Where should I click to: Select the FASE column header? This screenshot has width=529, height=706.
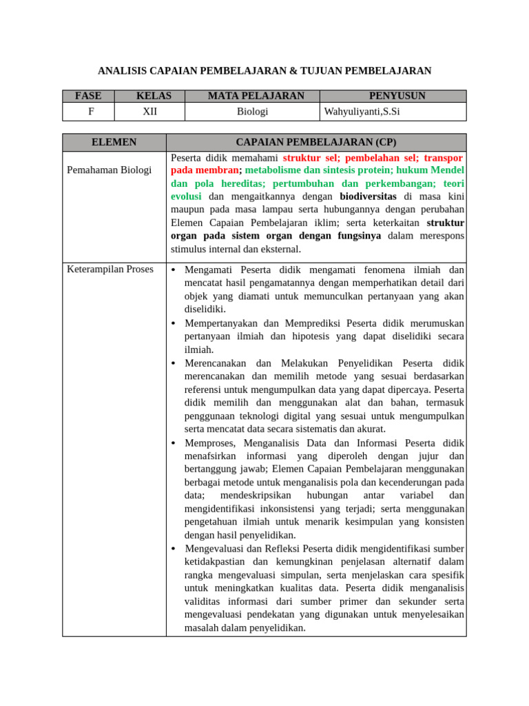[x=88, y=96]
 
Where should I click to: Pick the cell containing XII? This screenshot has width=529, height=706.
[x=149, y=111]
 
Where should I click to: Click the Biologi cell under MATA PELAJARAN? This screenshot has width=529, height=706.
[x=252, y=111]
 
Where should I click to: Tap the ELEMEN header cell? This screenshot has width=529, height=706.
[x=114, y=142]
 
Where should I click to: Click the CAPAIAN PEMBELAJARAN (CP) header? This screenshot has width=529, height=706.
[x=315, y=142]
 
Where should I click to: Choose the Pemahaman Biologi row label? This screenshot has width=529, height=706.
[x=109, y=170]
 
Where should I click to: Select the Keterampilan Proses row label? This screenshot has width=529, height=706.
[x=110, y=269]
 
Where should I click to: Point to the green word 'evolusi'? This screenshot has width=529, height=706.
[x=186, y=196]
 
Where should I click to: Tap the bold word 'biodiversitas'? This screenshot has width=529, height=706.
[x=368, y=196]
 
